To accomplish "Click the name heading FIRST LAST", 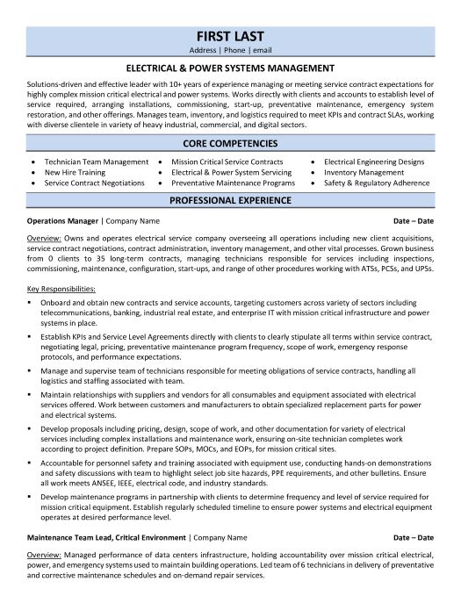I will (230, 38).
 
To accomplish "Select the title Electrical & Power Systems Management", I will (230, 67).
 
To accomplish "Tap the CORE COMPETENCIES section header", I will (230, 142).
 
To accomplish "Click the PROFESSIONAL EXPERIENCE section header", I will (230, 200).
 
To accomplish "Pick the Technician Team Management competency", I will (97, 162).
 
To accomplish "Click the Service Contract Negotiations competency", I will (95, 183).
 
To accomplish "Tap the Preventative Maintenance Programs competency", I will (233, 183).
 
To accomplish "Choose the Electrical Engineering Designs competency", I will (374, 162).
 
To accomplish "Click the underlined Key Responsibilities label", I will (61, 289).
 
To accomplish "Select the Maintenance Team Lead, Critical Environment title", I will (106, 536).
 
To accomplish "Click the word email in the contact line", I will (263, 52).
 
